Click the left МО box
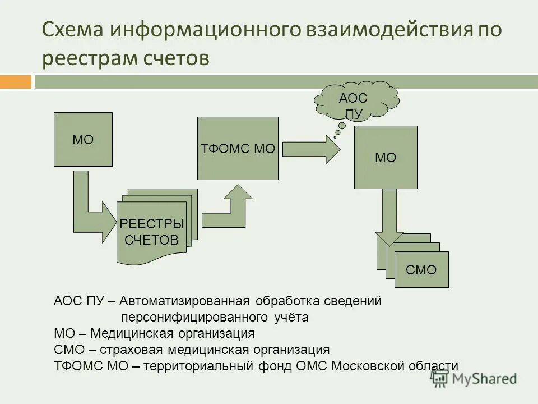(83, 139)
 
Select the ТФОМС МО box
(238, 148)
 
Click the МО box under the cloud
(386, 157)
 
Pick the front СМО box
(421, 270)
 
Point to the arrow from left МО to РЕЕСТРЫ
(90, 208)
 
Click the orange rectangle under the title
(16, 82)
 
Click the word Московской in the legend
(367, 366)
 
